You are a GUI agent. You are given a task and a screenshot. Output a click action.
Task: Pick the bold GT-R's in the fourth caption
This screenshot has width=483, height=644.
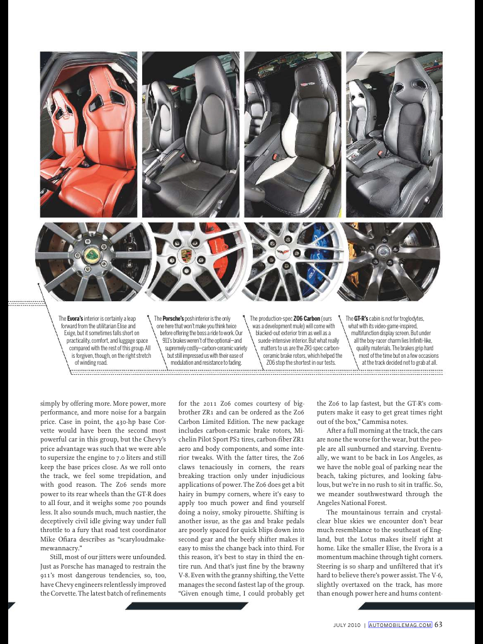click(361, 319)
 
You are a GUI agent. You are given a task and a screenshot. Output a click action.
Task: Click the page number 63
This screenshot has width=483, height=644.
click(438, 625)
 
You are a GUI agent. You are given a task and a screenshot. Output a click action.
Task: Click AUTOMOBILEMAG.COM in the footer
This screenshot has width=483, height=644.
click(400, 625)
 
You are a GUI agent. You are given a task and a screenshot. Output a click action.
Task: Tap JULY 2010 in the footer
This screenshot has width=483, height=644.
click(347, 625)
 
